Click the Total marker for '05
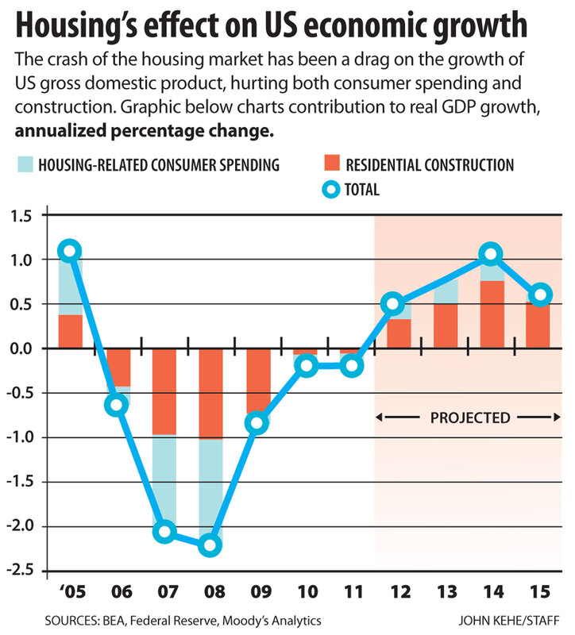tap(70, 251)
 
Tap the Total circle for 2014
tap(491, 254)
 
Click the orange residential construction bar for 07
tap(164, 391)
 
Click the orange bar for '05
tap(70, 331)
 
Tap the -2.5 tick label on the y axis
tap(28, 571)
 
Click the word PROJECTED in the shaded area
tap(469, 417)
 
